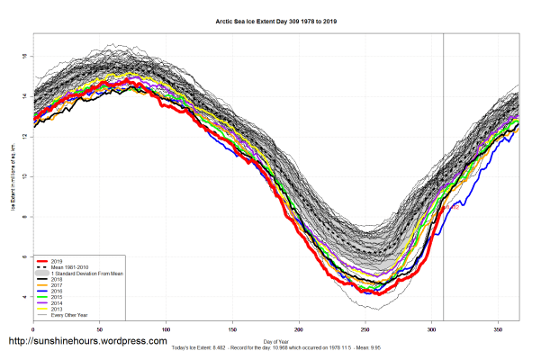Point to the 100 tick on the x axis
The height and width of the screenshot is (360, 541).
[166, 330]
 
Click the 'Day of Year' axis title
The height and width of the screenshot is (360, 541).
[275, 341]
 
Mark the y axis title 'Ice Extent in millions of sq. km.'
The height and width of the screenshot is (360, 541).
[13, 180]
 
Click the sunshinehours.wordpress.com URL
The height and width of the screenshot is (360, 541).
[87, 342]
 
